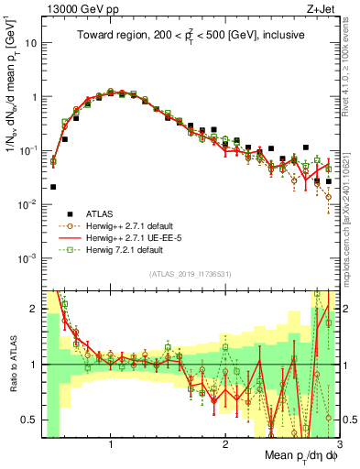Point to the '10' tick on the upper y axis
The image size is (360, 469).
(33, 43)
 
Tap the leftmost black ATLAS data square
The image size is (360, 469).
(53, 187)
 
